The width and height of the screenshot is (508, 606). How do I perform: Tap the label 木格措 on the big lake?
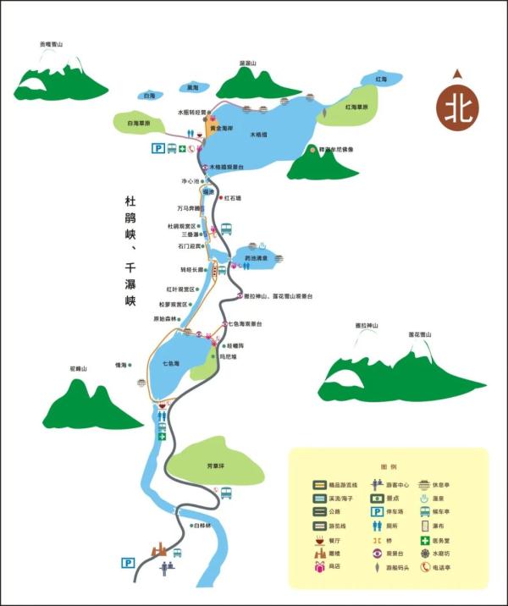click(259, 135)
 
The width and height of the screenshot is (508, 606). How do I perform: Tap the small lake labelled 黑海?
click(192, 87)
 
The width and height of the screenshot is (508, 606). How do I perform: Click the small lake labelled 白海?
click(150, 96)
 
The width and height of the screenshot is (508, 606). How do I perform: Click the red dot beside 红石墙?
click(221, 198)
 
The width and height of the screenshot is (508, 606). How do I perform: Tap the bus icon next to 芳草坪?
click(226, 493)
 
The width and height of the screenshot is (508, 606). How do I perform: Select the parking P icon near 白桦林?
click(128, 562)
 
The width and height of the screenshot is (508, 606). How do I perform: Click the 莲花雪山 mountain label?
click(421, 334)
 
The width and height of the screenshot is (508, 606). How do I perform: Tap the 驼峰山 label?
click(78, 368)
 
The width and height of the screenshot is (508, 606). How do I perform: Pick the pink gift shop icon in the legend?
click(319, 567)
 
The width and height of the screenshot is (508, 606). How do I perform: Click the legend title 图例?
click(389, 466)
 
